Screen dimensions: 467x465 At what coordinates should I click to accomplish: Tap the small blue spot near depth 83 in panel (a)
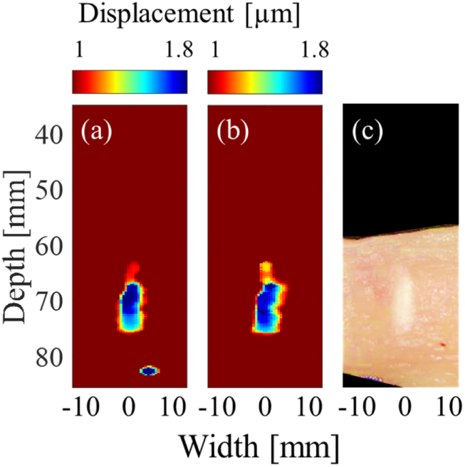(x=150, y=370)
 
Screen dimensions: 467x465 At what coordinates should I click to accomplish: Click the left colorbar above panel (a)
(x=130, y=82)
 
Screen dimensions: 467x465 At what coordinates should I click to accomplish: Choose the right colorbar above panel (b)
(x=264, y=82)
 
